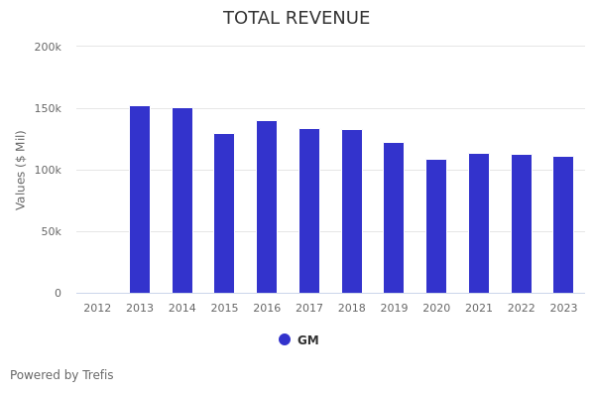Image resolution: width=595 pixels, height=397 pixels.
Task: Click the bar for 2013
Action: (x=140, y=199)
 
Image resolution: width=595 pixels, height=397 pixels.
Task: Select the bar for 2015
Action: (x=224, y=213)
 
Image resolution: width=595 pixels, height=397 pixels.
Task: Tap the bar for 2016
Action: (x=267, y=206)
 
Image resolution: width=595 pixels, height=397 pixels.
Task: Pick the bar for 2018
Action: (x=352, y=211)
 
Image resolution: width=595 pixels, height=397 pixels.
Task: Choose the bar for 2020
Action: (x=436, y=226)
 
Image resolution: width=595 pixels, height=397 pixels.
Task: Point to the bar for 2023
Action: (x=563, y=224)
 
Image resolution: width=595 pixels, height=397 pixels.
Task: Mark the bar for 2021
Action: (x=479, y=223)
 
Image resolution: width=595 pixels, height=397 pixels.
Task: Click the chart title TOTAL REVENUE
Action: (x=297, y=19)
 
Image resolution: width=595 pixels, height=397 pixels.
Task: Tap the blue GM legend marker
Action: (x=285, y=339)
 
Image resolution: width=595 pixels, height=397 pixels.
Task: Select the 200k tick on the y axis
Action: (x=48, y=47)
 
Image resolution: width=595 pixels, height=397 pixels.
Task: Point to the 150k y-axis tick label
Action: (x=48, y=108)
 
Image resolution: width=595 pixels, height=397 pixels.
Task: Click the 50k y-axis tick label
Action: (x=51, y=231)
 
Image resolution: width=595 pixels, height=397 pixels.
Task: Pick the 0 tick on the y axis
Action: (x=58, y=293)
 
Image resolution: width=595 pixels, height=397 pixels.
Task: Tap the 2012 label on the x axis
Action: (x=97, y=309)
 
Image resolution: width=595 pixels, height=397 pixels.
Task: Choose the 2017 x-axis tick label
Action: (x=309, y=309)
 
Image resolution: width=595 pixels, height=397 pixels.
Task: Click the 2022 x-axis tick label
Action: (x=522, y=309)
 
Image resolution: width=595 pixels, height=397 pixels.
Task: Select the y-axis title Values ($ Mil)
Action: (x=21, y=170)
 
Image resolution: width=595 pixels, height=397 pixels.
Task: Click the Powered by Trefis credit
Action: (x=61, y=375)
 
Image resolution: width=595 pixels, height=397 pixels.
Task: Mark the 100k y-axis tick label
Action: (x=48, y=170)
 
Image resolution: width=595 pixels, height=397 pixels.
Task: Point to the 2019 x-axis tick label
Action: (x=394, y=309)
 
